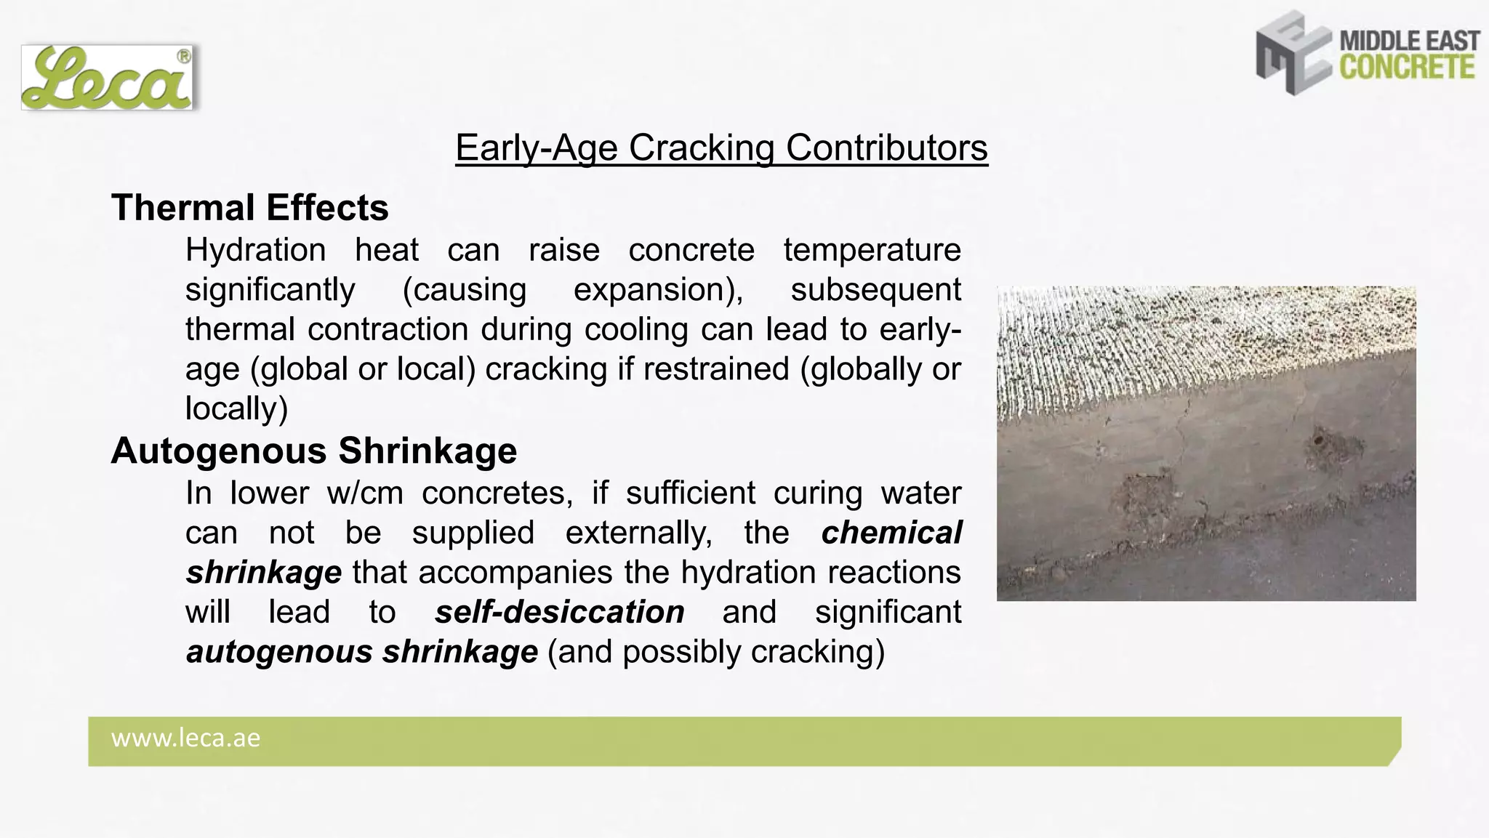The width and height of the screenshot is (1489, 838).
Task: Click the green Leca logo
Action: (106, 78)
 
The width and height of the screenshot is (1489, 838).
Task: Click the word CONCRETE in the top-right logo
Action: (1408, 68)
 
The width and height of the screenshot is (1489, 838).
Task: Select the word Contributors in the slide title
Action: (886, 148)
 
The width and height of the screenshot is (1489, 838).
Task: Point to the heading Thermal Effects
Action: (249, 208)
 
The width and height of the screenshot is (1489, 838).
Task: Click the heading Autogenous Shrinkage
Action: (313, 451)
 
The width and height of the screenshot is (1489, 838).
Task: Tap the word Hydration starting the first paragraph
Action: (255, 250)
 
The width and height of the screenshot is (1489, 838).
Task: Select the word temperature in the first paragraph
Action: (872, 250)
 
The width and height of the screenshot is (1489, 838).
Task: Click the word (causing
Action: (464, 290)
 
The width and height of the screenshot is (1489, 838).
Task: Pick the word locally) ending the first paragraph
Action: (236, 408)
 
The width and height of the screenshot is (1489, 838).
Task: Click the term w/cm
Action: (365, 493)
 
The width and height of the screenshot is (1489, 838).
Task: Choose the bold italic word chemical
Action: (891, 533)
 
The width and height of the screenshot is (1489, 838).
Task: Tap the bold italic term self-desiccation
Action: (559, 612)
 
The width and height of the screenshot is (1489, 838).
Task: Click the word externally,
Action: (638, 533)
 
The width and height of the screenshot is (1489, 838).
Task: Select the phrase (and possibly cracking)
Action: (715, 652)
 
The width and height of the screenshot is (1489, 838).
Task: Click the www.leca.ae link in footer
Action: (185, 738)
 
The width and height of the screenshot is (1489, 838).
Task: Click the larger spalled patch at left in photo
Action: (1145, 494)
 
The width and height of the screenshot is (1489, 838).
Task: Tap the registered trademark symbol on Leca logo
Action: (184, 57)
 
